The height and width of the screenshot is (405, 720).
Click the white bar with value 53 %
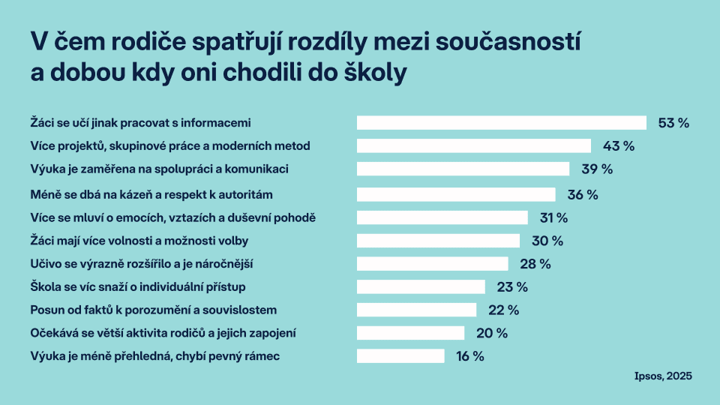501,123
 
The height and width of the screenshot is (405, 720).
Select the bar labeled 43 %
474,145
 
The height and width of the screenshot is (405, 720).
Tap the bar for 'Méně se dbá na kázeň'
456,195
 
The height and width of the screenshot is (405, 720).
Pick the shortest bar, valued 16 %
400,356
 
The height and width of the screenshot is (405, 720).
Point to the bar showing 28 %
433,264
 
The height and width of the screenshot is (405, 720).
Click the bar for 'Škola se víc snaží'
421,286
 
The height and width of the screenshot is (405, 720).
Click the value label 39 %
597,169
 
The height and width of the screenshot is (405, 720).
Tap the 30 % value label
547,241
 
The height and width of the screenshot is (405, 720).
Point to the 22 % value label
503,310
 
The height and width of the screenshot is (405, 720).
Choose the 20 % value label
492,333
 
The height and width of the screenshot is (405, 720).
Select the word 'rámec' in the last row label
263,356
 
